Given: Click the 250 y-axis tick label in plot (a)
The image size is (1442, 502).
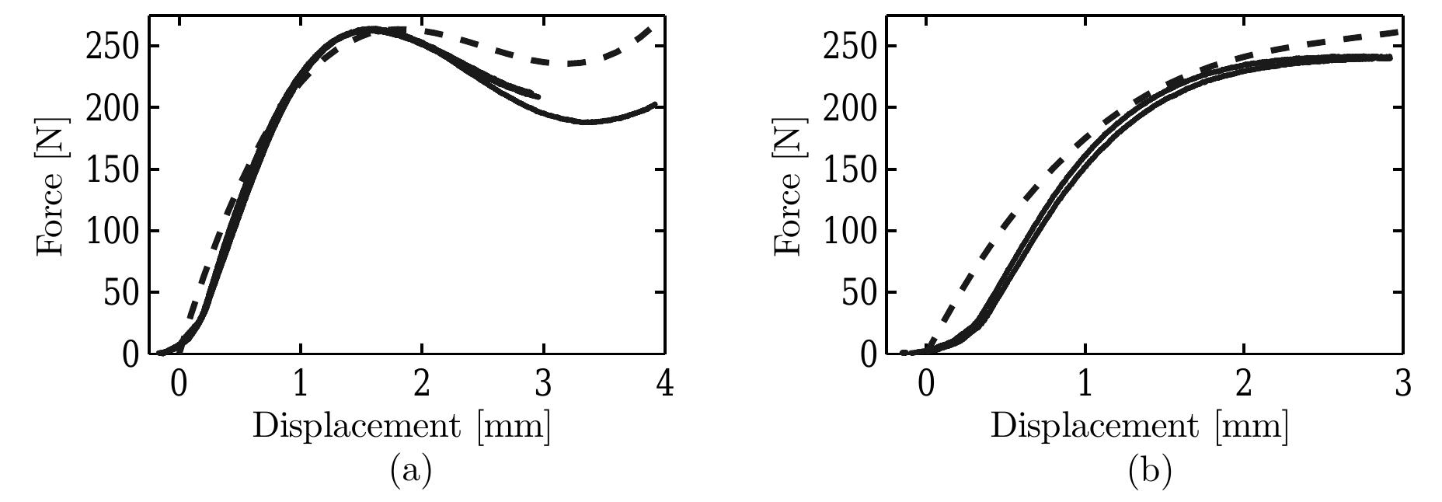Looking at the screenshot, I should click(x=110, y=47).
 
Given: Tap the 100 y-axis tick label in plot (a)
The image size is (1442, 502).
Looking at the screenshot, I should click(x=110, y=232).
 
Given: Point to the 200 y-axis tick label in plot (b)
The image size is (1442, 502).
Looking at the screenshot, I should click(x=848, y=108).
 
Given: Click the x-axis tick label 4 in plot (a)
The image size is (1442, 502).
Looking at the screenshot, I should click(x=664, y=385).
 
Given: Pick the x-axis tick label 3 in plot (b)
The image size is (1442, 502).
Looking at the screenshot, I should click(x=1402, y=385).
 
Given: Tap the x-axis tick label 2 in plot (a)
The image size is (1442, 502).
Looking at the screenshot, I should click(x=421, y=385).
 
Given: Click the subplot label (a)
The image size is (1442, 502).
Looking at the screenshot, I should click(x=411, y=471).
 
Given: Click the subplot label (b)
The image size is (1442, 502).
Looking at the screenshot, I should click(x=1149, y=471).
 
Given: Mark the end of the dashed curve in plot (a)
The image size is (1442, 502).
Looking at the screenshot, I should click(x=650, y=29).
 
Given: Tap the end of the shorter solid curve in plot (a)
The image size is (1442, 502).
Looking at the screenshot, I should click(x=537, y=96).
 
